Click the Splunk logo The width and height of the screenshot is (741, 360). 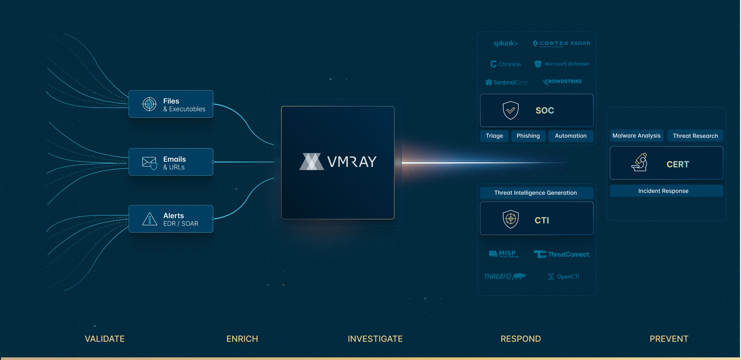506,43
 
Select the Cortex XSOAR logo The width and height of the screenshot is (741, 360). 561,43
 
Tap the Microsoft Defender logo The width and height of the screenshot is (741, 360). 562,64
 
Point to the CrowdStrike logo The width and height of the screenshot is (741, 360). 562,82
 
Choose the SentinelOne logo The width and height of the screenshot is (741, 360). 507,82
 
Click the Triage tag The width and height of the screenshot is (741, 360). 494,136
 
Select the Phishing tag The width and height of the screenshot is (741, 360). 528,136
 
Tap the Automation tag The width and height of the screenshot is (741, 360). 571,136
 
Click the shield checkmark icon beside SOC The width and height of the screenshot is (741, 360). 511,110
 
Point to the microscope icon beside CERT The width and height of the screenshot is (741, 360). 639,162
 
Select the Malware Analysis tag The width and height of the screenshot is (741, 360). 637,135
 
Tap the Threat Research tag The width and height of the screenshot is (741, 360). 695,136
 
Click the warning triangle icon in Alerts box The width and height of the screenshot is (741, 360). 150,219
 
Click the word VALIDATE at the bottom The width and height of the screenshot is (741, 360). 104,339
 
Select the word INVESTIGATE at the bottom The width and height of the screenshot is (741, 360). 375,339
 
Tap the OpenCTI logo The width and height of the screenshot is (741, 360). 563,277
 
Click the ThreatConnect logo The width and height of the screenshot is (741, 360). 562,254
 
